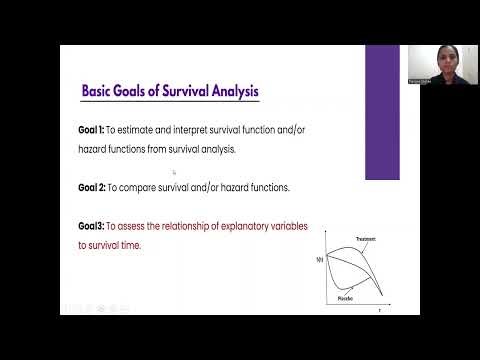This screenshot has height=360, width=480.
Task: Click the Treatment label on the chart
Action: point(364,239)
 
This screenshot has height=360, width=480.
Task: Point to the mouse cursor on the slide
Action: point(174,172)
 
